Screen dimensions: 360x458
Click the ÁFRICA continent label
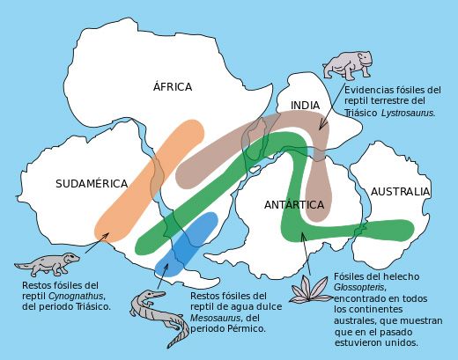point(172,86)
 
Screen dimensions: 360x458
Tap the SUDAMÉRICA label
point(92,184)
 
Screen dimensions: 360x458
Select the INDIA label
point(305,106)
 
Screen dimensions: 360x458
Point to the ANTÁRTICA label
point(294,205)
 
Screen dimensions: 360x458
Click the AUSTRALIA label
point(400,191)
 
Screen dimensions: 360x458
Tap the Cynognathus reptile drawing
point(47,263)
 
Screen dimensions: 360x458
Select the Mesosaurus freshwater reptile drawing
point(159,314)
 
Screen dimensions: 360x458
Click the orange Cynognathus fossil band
point(148,177)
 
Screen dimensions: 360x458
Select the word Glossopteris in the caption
point(364,287)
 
